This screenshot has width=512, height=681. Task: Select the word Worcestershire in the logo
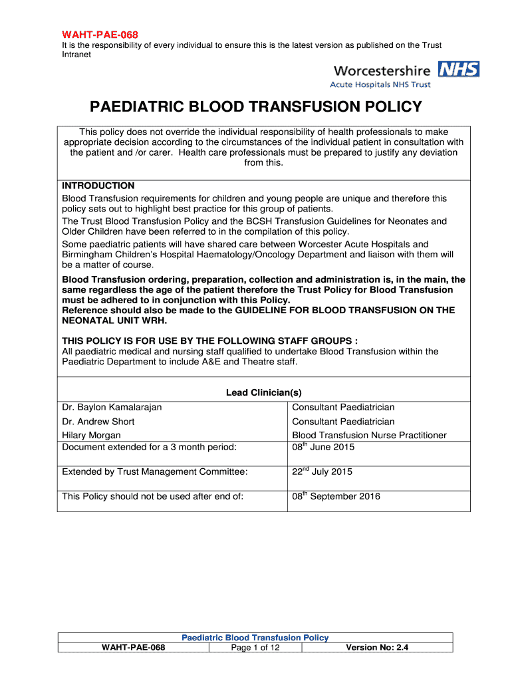click(382, 70)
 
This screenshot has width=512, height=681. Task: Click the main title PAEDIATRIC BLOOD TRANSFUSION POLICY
click(256, 107)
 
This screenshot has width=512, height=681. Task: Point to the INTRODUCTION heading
click(98, 186)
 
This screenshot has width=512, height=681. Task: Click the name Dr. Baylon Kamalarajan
click(112, 407)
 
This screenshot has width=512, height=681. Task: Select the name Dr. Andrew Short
click(98, 422)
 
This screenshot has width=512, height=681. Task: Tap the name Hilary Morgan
click(91, 436)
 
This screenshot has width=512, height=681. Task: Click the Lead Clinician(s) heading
click(264, 393)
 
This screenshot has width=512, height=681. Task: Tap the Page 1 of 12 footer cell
click(255, 647)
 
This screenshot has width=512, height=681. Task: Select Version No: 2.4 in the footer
click(377, 647)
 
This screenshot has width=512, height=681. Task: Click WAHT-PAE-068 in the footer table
click(133, 647)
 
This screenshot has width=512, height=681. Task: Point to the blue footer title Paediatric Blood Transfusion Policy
click(255, 638)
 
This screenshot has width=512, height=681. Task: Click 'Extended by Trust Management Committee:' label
click(155, 472)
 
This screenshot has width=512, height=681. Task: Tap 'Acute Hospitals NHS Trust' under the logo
click(380, 84)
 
